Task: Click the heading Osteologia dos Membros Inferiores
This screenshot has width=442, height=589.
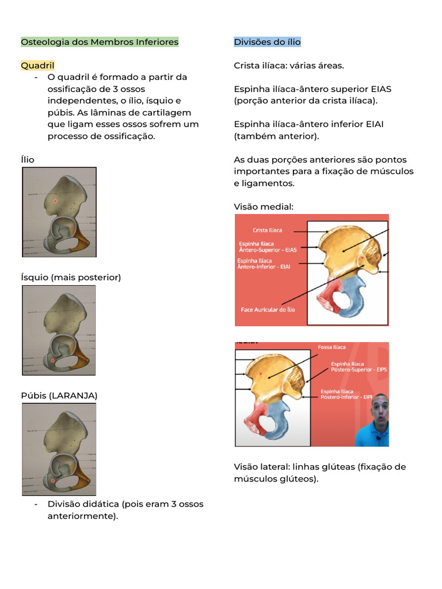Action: click(100, 42)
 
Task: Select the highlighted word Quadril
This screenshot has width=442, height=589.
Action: click(37, 66)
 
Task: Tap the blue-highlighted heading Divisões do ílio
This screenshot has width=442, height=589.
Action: click(267, 42)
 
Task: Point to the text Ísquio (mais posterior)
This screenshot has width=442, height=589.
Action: click(71, 277)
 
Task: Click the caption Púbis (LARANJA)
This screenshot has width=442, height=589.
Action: click(59, 396)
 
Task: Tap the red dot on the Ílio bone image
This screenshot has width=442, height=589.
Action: click(55, 201)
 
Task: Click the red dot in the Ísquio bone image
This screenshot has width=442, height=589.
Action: click(52, 361)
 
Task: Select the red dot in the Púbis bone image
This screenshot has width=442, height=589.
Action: click(52, 480)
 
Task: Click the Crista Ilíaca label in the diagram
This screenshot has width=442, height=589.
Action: click(268, 230)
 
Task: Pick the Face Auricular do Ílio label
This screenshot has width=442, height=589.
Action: click(268, 309)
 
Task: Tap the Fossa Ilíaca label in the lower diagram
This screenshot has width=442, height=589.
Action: click(331, 347)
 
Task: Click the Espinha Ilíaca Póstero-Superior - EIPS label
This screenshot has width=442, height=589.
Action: click(359, 366)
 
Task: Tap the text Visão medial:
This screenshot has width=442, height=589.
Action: click(264, 206)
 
